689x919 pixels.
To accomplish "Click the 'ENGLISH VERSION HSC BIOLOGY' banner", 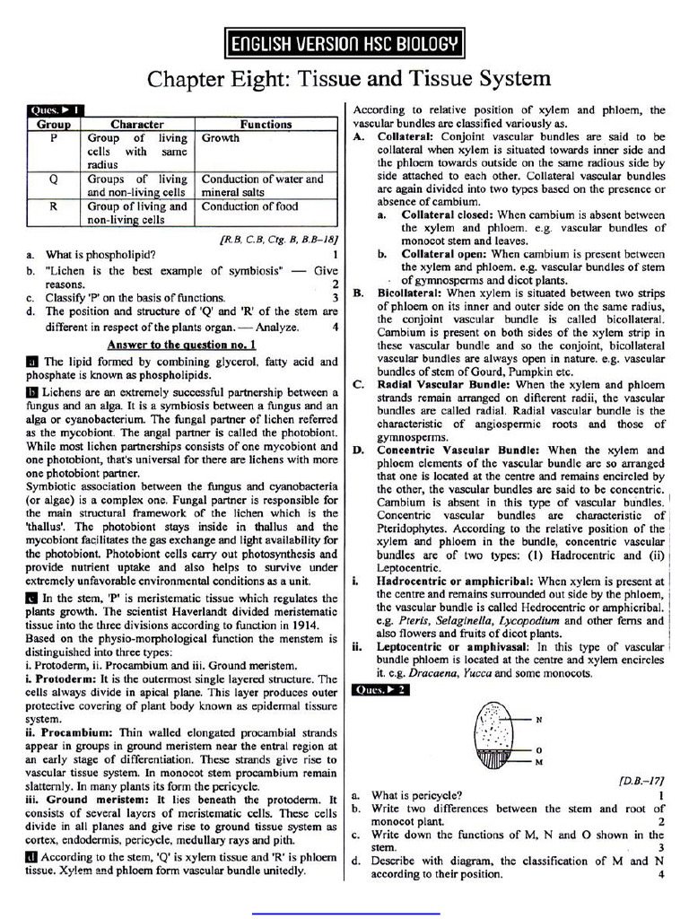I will point(344,42).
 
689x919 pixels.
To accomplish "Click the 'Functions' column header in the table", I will point(266,124).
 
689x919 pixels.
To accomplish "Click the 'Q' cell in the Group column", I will point(53,179).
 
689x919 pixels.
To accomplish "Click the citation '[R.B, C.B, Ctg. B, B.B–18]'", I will point(279,241).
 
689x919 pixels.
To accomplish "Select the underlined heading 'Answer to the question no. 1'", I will point(182,344).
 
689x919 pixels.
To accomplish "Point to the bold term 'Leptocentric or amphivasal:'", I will point(454,646).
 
